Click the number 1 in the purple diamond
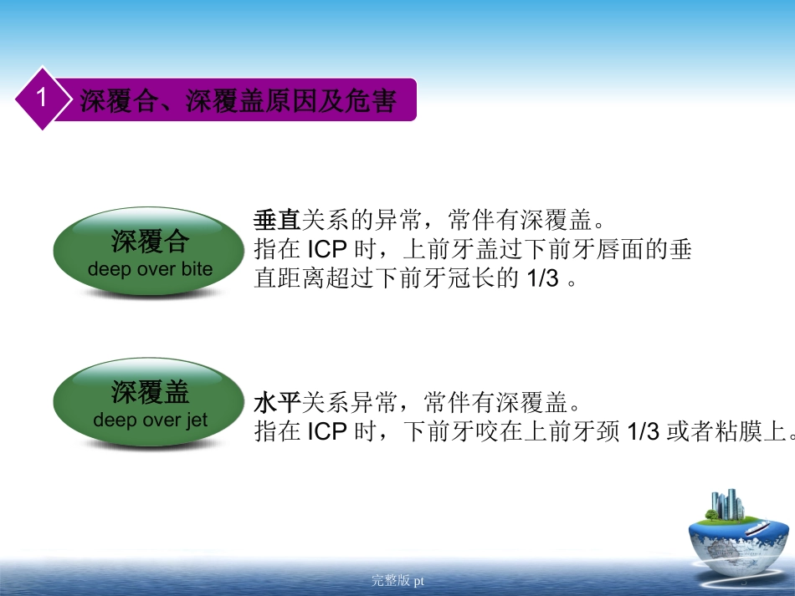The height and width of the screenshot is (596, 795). coord(40,99)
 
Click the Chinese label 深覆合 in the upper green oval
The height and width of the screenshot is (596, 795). coord(151,243)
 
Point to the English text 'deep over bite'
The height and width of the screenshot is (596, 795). coord(151,269)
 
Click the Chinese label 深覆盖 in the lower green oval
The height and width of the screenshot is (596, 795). coord(151,393)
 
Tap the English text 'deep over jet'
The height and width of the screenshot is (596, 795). coord(151,420)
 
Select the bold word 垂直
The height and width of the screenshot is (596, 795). coord(277,221)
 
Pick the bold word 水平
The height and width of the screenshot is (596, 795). coord(277,405)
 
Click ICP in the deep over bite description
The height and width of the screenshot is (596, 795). coord(326,250)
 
